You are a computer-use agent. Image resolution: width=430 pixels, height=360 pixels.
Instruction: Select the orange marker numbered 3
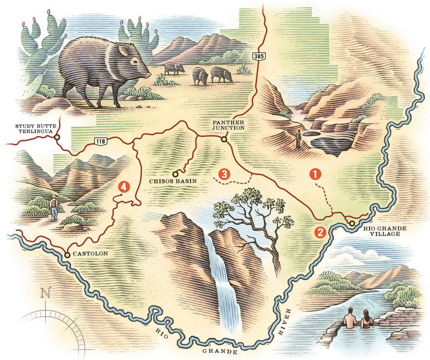pyautogui.click(x=225, y=174)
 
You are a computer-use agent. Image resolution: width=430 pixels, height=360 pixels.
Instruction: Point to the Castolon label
pyautogui.click(x=91, y=254)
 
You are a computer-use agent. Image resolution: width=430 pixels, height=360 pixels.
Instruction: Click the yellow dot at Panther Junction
pyautogui.click(x=224, y=139)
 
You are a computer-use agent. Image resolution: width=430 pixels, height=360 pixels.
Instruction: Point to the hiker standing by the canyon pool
pyautogui.click(x=299, y=139)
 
